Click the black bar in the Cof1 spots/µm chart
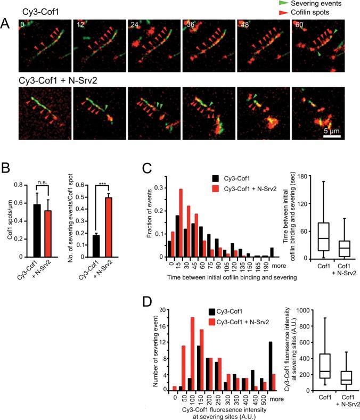pos(36,224)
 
